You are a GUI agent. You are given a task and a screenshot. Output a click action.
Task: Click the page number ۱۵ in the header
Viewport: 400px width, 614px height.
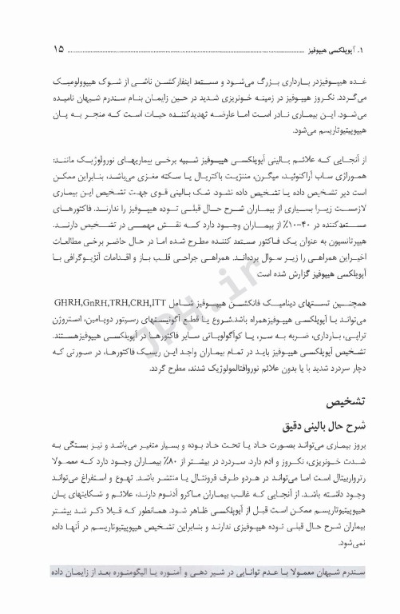(57, 49)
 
